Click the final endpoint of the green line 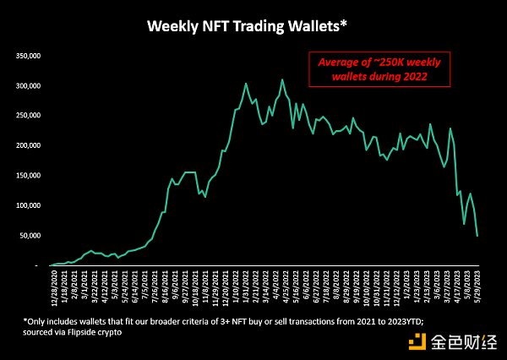tap(477, 236)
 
